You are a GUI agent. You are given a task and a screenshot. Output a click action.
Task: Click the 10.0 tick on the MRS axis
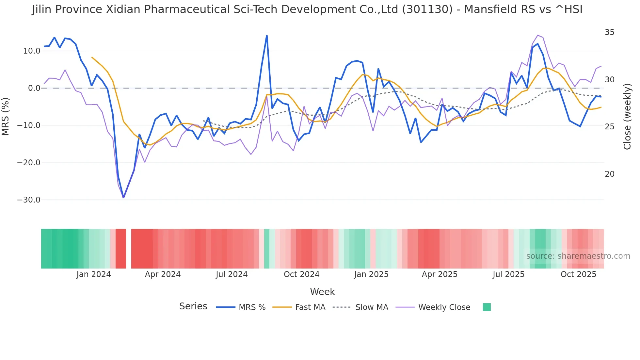coord(31,51)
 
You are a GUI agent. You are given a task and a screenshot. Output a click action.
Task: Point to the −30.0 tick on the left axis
coord(29,200)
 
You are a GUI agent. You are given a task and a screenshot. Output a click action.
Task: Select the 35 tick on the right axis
coord(609,32)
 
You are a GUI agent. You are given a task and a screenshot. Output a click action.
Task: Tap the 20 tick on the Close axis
coord(609,174)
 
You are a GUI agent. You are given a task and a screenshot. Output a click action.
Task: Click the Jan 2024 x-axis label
coord(94,274)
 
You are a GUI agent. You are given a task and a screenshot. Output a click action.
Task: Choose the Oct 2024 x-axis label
coord(301,274)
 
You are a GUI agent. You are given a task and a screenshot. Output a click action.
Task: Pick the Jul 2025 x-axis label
coord(508,274)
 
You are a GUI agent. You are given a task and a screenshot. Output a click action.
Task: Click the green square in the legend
coord(487,307)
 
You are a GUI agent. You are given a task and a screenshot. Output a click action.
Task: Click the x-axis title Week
coord(322,292)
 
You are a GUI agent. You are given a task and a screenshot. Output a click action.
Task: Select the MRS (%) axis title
coord(6,116)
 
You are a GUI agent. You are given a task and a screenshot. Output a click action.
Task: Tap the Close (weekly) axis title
coord(627,116)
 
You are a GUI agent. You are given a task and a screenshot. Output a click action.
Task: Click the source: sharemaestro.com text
coord(578,256)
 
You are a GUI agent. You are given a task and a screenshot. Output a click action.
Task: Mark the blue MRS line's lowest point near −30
coord(123,197)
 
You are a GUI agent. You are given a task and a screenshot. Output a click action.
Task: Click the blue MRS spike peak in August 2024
coord(267,36)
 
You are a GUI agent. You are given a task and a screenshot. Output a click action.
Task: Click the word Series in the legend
coord(193,306)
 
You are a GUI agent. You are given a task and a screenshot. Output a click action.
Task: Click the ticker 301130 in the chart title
coord(427,9)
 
